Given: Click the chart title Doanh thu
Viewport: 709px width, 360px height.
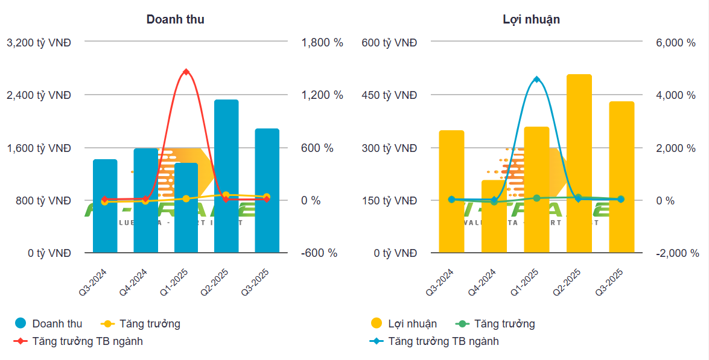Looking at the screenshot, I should (x=175, y=19).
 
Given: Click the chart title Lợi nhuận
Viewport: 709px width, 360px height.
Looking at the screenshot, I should (x=531, y=19).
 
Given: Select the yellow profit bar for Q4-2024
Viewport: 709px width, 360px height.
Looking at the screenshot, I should (x=494, y=216).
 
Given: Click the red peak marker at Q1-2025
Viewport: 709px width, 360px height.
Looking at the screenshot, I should (x=186, y=72).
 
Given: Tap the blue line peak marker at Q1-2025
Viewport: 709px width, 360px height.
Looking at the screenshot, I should (x=536, y=80).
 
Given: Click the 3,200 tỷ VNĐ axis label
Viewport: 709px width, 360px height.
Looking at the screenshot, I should (x=39, y=43).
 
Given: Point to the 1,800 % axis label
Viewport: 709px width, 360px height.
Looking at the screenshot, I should (x=322, y=43).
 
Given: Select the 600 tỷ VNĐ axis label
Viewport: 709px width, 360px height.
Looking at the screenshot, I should (x=390, y=43).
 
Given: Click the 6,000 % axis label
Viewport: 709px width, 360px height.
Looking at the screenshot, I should (x=675, y=43).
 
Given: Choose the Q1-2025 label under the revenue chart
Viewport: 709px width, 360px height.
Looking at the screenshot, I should (x=174, y=282).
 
